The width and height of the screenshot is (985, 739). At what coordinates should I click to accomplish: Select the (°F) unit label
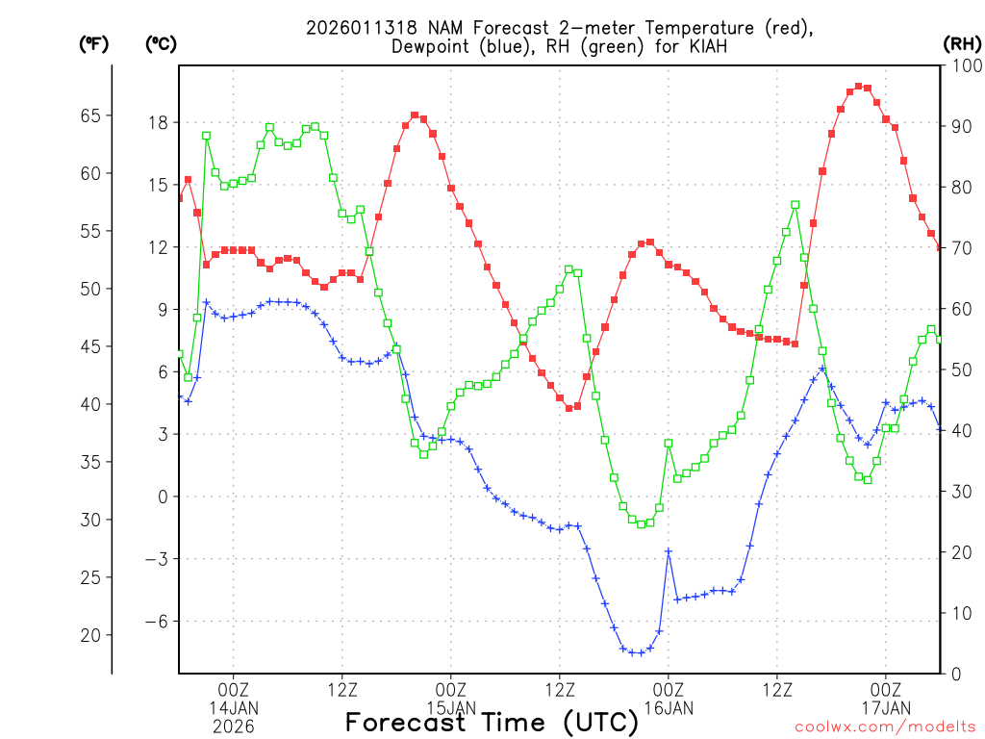94,43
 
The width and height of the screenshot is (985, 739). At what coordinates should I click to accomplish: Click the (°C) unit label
160,43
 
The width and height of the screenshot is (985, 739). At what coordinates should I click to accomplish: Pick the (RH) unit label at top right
962,43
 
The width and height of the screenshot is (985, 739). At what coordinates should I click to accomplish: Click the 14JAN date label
234,708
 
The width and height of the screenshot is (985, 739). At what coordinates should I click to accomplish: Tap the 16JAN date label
669,708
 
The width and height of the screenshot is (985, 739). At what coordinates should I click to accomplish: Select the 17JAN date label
886,708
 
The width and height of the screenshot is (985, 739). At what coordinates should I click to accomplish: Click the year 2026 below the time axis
234,726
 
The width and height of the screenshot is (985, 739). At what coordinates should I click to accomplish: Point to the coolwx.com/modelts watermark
885,726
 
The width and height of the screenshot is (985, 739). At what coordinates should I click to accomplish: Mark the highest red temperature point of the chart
858,86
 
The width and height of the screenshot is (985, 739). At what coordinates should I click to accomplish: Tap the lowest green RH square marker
642,524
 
